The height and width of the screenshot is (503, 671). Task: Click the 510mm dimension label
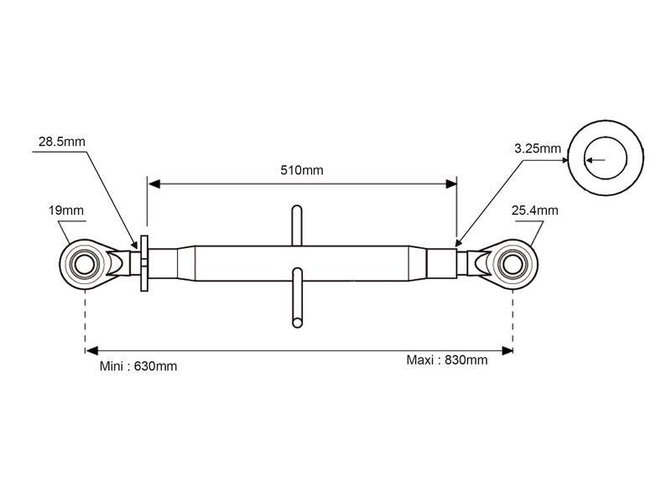click(x=302, y=170)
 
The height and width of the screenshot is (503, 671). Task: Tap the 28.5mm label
click(x=62, y=143)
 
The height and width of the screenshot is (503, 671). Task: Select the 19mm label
click(x=66, y=210)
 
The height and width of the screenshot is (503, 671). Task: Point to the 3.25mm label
click(x=538, y=148)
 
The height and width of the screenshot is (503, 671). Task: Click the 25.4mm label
click(x=534, y=210)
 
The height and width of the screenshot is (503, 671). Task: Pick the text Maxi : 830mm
click(x=446, y=360)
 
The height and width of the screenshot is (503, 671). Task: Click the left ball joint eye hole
click(x=85, y=263)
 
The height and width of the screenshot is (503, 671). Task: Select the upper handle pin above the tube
click(x=297, y=225)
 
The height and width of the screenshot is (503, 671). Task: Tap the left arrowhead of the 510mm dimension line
click(x=153, y=183)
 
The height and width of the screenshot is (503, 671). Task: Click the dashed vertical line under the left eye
click(x=85, y=319)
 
